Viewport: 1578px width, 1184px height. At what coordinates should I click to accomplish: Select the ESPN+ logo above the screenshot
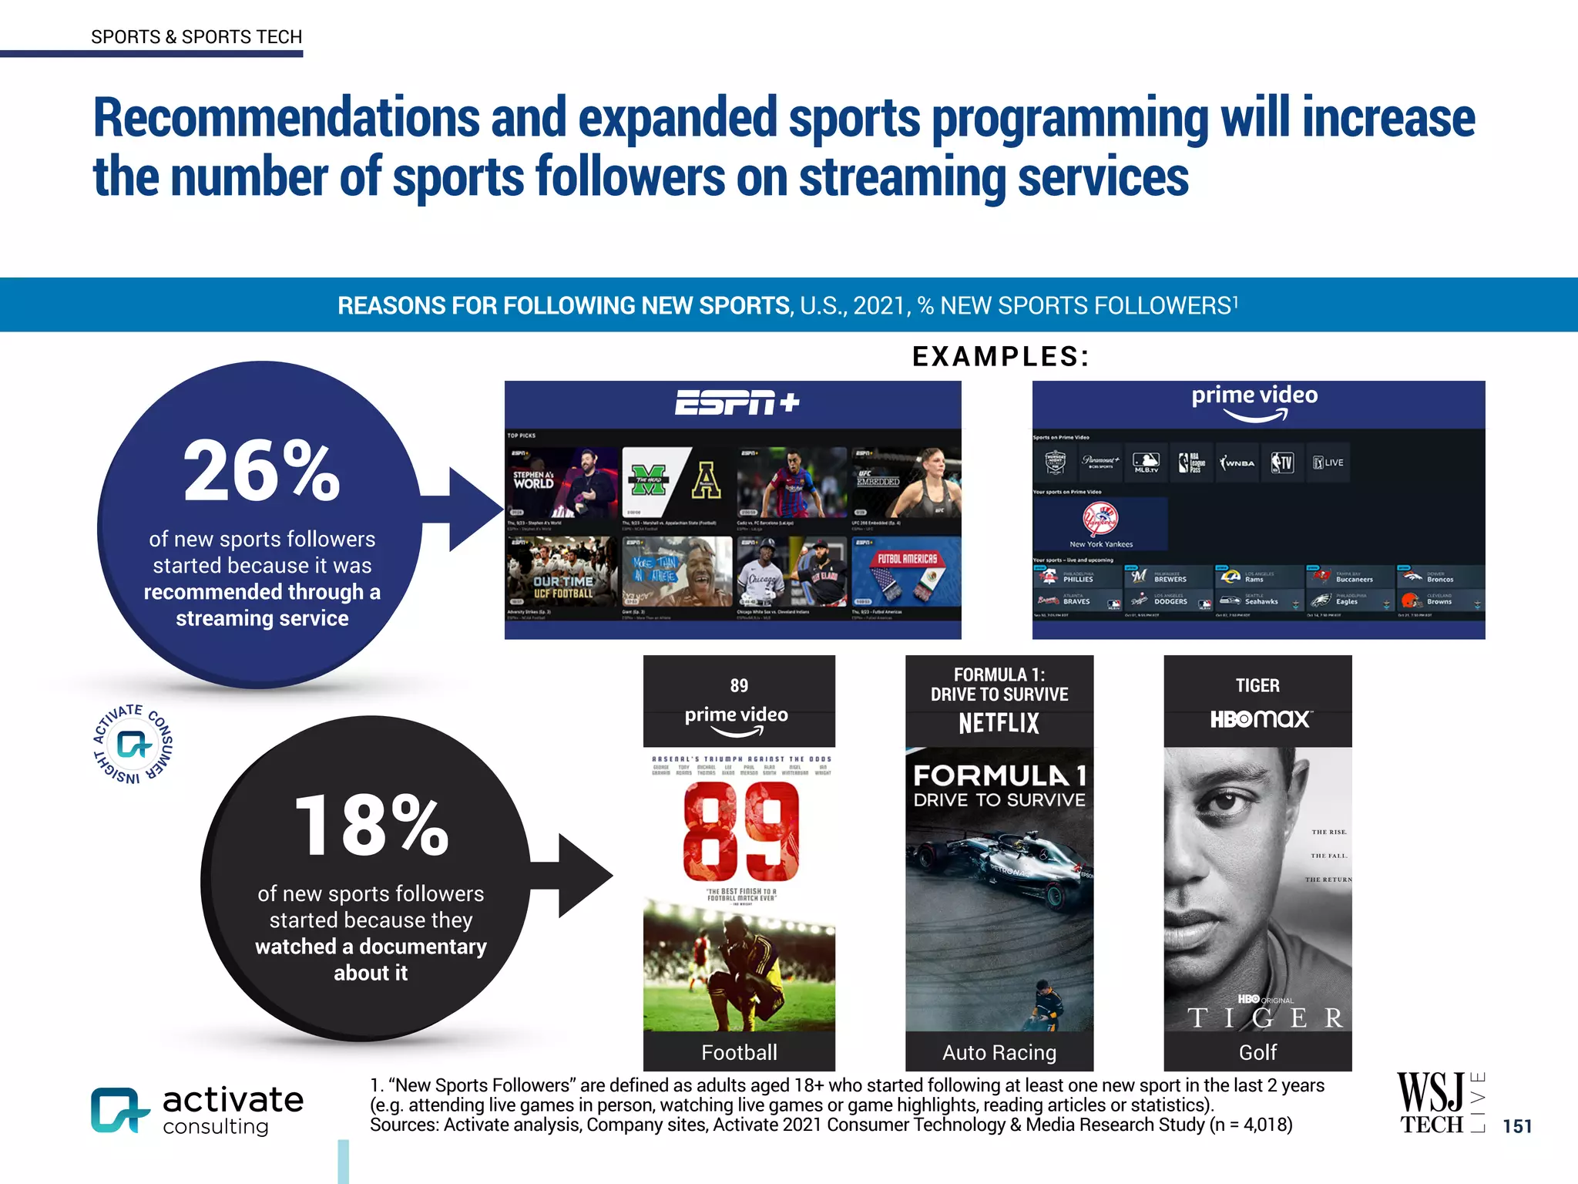coord(737,402)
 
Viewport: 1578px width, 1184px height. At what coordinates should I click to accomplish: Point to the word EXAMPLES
coord(1000,356)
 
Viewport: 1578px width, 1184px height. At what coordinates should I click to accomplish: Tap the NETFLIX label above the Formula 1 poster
coord(999,723)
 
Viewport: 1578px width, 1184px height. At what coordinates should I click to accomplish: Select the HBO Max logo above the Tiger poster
coord(1259,719)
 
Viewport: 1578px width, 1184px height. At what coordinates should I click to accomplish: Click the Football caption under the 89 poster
coord(739,1052)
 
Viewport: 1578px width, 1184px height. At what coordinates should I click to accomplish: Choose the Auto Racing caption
coord(999,1052)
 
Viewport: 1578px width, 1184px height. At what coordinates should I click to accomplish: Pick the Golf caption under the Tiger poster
coord(1257,1052)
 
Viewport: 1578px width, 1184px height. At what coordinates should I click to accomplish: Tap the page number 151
coord(1516,1126)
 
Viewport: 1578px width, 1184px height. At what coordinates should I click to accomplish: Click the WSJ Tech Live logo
coord(1439,1104)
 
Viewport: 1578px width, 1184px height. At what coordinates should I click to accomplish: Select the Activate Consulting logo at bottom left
coord(197,1111)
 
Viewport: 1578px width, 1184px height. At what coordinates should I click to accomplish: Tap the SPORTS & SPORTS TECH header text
coord(196,37)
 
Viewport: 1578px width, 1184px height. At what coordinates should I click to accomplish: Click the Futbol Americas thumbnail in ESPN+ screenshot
coord(906,572)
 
